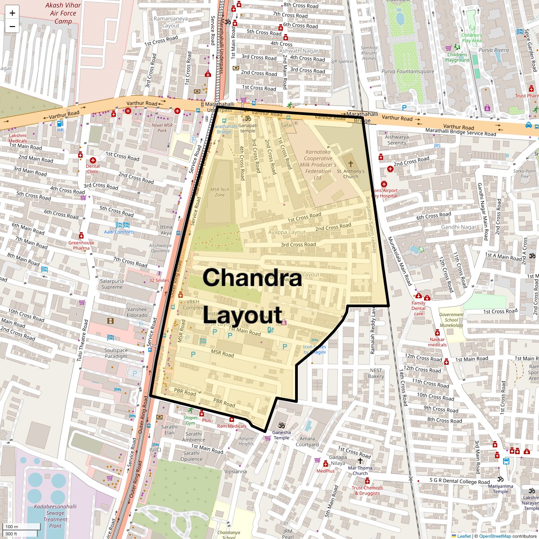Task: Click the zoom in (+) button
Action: [12, 13]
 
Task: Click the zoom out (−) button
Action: [12, 27]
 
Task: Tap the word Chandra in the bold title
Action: [252, 277]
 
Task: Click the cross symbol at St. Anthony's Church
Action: [350, 163]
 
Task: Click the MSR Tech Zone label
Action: [220, 192]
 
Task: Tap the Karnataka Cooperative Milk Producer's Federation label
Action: [318, 164]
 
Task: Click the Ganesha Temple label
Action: [282, 435]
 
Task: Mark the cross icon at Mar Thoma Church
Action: [360, 461]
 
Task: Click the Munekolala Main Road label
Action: [399, 261]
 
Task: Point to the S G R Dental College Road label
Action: [459, 482]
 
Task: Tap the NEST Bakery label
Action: [376, 373]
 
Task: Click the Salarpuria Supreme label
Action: [112, 284]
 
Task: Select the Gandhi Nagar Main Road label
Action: [482, 211]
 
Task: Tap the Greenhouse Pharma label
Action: [81, 245]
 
